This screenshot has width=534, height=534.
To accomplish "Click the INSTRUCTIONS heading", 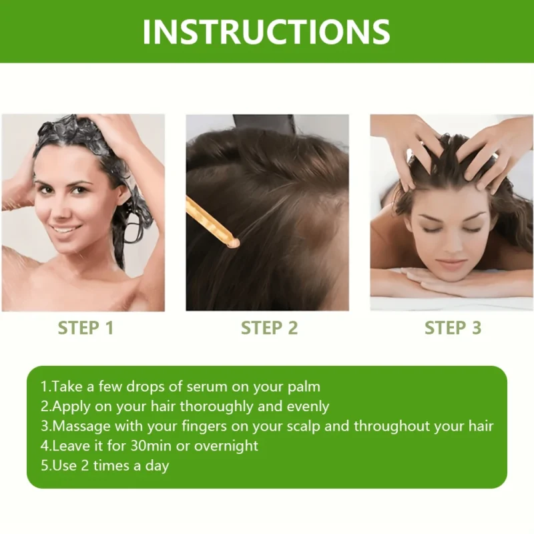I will [x=266, y=31].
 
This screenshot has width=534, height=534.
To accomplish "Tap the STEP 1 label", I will [x=85, y=328].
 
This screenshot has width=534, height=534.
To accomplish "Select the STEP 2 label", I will [x=269, y=328].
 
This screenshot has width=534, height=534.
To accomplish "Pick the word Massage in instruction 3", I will [x=78, y=426].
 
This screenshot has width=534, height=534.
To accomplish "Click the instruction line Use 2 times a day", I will [x=105, y=465].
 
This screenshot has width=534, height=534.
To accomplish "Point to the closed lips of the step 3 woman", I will [x=451, y=262].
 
